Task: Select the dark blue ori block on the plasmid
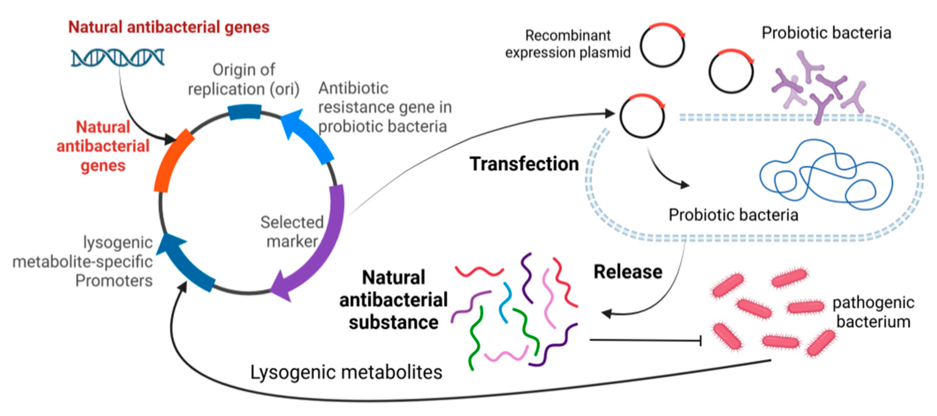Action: pos(244,112)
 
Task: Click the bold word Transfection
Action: pos(524,164)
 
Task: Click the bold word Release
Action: pos(628,272)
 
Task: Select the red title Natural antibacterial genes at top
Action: pos(168,27)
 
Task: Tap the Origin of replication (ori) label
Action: pos(244,79)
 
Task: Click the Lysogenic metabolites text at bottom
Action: pos(346,372)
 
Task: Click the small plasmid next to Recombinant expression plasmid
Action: pos(662,45)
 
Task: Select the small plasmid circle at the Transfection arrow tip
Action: pos(642,116)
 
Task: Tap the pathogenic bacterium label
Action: pos(873,312)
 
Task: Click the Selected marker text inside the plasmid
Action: pos(292,232)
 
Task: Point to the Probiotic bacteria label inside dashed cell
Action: pos(733,215)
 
